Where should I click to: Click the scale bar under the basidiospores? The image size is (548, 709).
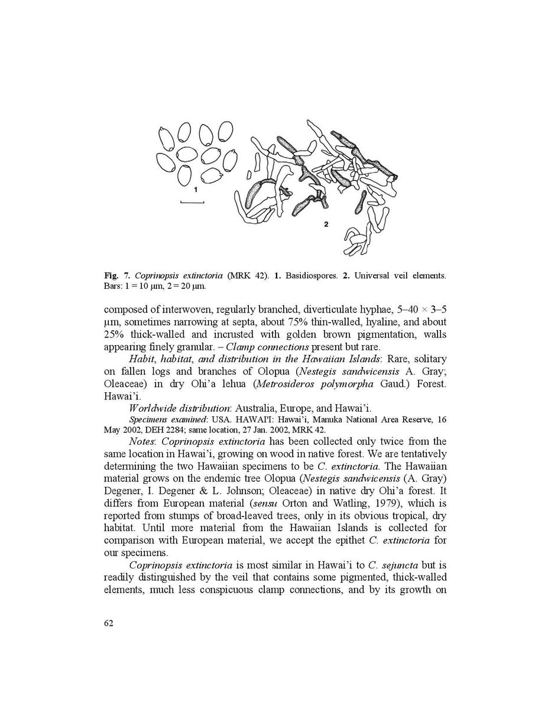(192, 203)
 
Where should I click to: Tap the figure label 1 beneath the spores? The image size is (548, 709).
(195, 190)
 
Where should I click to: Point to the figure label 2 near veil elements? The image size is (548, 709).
(326, 225)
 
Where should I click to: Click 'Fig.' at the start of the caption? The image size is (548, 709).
(111, 276)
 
